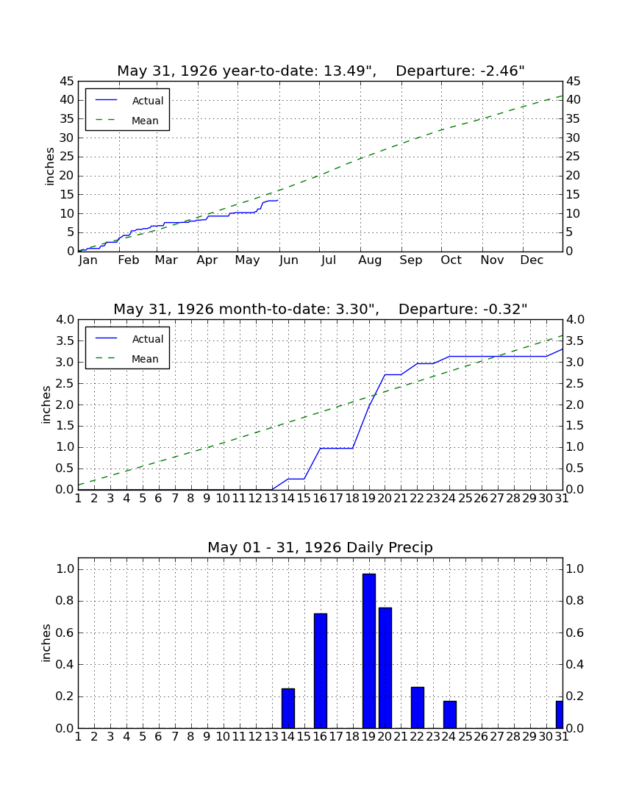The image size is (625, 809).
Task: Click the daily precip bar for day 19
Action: [x=368, y=651]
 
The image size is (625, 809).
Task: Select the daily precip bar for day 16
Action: [x=321, y=671]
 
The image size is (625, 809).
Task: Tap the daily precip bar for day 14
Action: [x=288, y=708]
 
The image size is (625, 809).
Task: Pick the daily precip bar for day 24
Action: [x=450, y=714]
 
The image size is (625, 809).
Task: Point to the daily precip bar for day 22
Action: [x=417, y=708]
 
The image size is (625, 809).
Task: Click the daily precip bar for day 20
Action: [x=385, y=668]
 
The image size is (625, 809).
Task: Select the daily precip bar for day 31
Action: [x=560, y=714]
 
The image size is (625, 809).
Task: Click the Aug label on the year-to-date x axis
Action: [x=371, y=260]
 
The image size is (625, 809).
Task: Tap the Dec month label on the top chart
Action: [x=532, y=260]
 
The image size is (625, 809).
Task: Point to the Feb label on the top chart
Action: [x=129, y=260]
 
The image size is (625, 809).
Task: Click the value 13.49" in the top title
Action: [x=349, y=71]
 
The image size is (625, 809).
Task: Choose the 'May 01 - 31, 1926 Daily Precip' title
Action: [x=321, y=547]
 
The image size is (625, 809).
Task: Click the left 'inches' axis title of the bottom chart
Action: [x=46, y=643]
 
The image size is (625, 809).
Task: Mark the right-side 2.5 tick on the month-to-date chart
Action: [x=575, y=383]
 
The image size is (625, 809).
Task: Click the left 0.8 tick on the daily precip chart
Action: [x=65, y=601]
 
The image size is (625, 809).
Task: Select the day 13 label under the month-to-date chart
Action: [x=272, y=499]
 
